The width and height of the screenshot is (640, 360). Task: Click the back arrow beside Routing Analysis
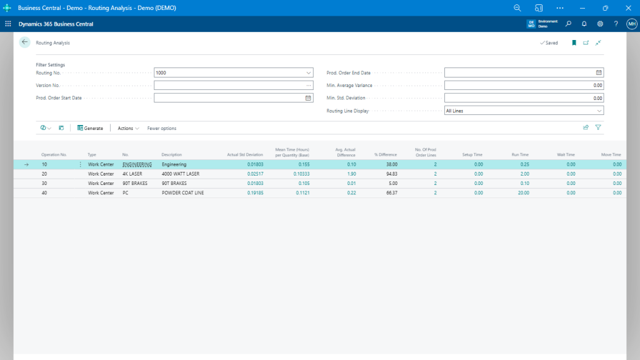pos(25,42)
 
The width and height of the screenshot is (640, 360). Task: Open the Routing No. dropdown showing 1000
pos(309,72)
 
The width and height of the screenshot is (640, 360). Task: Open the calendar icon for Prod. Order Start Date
pos(308,98)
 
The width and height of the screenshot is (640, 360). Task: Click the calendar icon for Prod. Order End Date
pos(599,72)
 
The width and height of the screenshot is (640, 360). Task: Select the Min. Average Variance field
pos(524,85)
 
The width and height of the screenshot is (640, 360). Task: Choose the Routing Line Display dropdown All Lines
pos(524,111)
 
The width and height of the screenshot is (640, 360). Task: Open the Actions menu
pos(128,128)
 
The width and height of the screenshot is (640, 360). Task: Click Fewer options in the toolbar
pos(162,128)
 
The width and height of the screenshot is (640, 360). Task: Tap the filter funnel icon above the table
pos(598,127)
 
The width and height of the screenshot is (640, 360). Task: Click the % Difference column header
pos(385,154)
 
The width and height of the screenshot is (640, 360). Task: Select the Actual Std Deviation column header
pos(245,154)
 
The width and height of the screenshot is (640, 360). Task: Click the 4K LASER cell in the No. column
pos(132,174)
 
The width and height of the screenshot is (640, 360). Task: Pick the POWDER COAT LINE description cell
pos(182,193)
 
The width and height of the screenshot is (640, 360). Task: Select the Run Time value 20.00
pos(523,193)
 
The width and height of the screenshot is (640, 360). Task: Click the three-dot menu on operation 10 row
pos(80,164)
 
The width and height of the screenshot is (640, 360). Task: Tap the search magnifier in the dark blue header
pos(568,24)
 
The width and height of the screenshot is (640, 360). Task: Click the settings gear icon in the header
pos(600,24)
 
